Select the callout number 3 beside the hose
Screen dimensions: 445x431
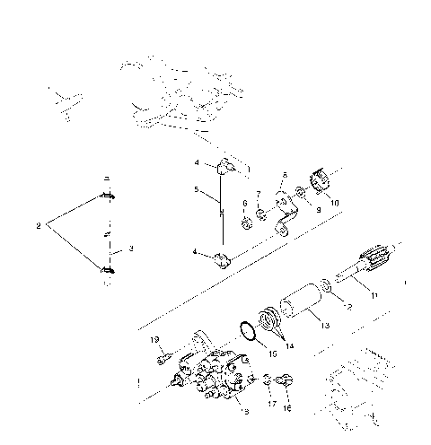pyautogui.click(x=131, y=249)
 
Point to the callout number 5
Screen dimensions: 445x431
pyautogui.click(x=195, y=190)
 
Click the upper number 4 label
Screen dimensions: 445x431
pyautogui.click(x=195, y=162)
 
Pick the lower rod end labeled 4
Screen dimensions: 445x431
pyautogui.click(x=223, y=261)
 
